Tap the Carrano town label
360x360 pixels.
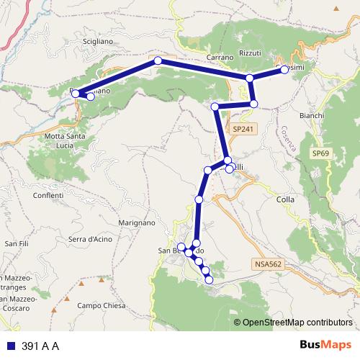tap(220, 56)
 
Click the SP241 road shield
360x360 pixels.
tap(243, 128)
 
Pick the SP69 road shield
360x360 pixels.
tap(322, 154)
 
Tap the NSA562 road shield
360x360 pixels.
tap(267, 264)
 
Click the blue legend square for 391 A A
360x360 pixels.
tap(11, 346)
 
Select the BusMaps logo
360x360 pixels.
tap(325, 345)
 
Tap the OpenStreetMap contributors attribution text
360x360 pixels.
tap(297, 323)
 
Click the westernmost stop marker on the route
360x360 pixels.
tap(76, 93)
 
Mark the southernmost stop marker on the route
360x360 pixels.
tap(210, 279)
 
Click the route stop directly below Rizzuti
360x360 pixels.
tap(249, 78)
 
